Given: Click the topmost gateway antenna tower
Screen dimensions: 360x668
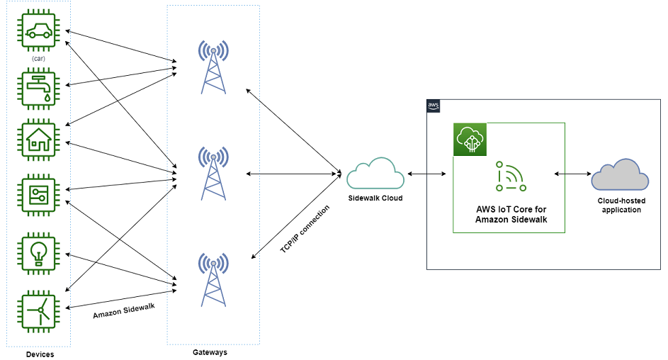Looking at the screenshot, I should tap(213, 67).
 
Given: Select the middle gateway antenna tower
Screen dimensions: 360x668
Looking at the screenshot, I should tap(213, 173).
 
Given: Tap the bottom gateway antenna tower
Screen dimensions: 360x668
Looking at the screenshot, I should tap(213, 279).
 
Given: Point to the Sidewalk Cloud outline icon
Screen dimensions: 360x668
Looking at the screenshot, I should tap(375, 174).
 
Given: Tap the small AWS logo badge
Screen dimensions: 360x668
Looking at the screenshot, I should tap(434, 106).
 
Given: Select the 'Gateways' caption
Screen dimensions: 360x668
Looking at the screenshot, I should tap(210, 351).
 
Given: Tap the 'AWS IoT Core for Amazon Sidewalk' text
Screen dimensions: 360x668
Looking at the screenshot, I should tap(511, 215).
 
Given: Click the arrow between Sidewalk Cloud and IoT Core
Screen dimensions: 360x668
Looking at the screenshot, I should tap(426, 174).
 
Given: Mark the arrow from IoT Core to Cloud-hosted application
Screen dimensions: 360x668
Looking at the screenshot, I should tap(573, 174).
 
